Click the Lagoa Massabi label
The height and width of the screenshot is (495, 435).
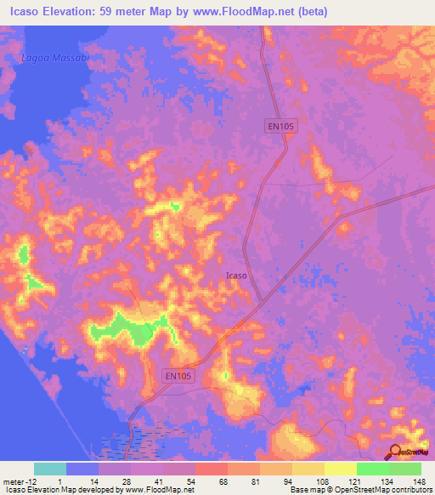pos(55,57)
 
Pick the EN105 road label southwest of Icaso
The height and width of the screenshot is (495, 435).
pos(178,374)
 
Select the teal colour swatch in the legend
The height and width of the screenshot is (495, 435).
pos(50,469)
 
